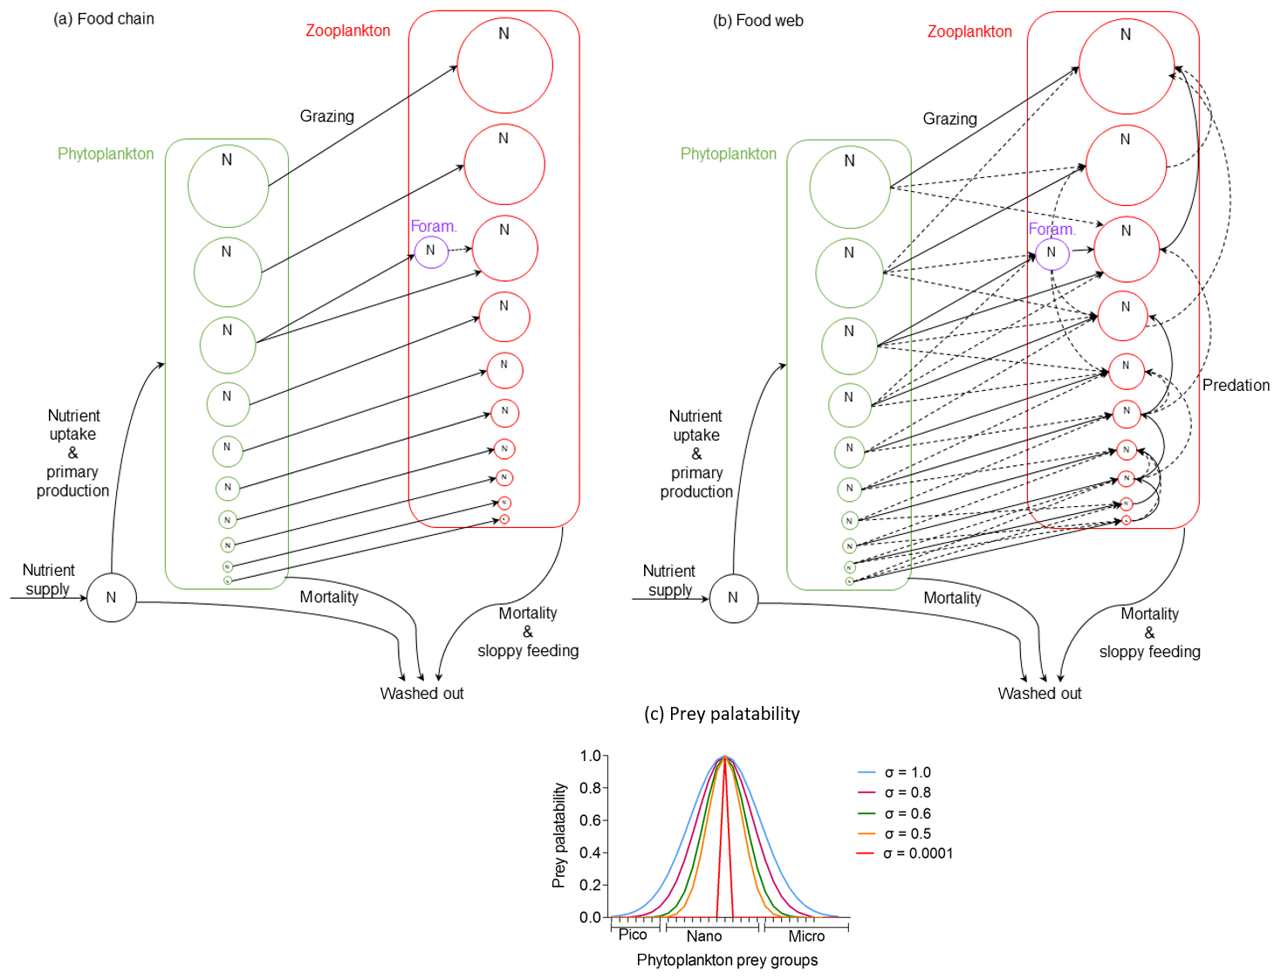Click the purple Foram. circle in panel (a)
tap(430, 251)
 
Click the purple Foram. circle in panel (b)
tap(1052, 253)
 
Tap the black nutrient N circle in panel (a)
tap(112, 598)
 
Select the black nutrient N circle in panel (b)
tap(734, 598)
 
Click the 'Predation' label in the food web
tap(1236, 385)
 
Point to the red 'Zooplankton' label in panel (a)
tap(347, 31)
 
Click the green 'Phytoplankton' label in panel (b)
tap(728, 154)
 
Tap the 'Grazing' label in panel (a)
tap(327, 116)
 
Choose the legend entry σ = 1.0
tap(907, 772)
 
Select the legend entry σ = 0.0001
tap(917, 853)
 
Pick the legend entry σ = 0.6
tap(907, 813)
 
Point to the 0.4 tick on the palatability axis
tap(591, 853)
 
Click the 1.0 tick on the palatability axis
tap(591, 756)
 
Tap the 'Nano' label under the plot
tap(704, 936)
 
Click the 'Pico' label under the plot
tap(633, 935)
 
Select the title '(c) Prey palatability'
tap(722, 714)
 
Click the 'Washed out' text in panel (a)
tap(421, 693)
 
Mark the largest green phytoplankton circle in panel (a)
tap(229, 187)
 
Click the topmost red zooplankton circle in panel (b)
tap(1127, 66)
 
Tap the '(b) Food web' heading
tap(757, 20)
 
